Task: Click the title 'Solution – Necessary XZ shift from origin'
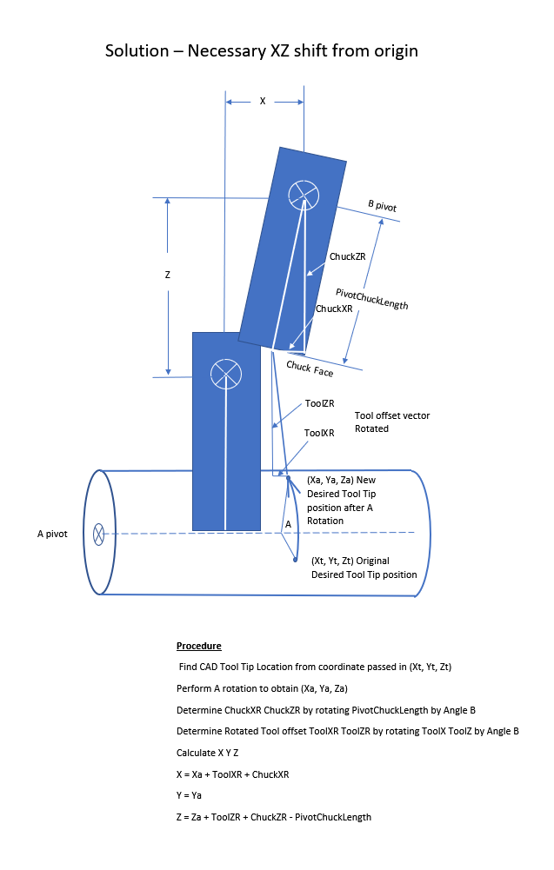(261, 50)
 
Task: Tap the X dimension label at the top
(263, 102)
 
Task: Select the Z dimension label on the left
(167, 275)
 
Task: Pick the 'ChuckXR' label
(334, 309)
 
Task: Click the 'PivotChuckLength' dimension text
(372, 300)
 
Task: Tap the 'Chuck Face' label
(310, 369)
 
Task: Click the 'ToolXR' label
(319, 432)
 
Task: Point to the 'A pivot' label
(52, 534)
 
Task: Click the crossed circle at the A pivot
(98, 534)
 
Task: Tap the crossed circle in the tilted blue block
(304, 195)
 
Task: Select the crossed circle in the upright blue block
(226, 374)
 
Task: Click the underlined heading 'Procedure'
(198, 646)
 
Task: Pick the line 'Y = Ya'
(190, 795)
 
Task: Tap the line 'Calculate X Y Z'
(209, 753)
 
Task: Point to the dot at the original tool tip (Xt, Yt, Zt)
(296, 560)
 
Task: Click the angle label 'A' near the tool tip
(288, 524)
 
